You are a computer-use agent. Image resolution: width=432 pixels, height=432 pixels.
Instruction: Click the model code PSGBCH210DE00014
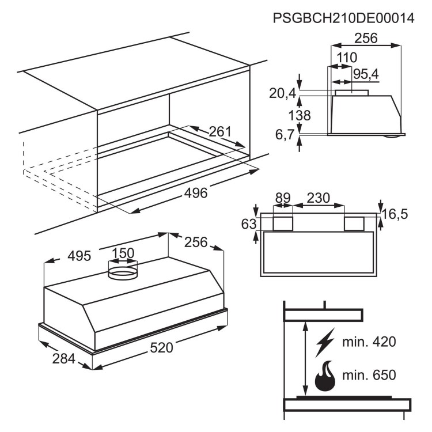(343, 18)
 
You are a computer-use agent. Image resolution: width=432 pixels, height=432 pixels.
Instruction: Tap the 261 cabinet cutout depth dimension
(220, 131)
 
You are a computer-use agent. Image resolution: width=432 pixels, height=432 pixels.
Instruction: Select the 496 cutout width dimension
(196, 193)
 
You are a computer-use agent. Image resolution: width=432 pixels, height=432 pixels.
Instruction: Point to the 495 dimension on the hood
(79, 256)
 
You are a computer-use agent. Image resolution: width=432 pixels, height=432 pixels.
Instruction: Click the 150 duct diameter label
(123, 253)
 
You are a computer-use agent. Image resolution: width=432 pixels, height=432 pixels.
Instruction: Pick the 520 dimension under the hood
(161, 347)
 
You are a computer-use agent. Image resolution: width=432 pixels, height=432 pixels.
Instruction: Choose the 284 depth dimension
(63, 358)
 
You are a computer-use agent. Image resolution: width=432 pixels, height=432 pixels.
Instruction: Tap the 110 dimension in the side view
(347, 58)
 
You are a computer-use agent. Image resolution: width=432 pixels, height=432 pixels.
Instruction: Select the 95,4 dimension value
(366, 74)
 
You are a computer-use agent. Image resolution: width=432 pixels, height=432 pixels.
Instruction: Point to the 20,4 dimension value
(282, 93)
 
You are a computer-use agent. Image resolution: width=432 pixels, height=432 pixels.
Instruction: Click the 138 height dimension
(300, 115)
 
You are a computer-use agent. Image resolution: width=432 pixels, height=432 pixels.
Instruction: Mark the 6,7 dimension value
(285, 135)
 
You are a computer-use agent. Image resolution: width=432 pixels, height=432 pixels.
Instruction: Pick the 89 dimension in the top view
(283, 198)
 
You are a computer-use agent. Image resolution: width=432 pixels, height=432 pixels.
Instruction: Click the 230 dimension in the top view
(318, 198)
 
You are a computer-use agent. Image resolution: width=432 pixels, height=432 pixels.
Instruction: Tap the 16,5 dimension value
(395, 214)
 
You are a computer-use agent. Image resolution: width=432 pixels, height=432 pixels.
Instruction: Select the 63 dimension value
(249, 224)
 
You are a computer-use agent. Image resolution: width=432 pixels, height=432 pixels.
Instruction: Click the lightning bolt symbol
(325, 342)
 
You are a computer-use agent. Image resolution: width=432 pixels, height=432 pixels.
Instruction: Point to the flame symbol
(325, 376)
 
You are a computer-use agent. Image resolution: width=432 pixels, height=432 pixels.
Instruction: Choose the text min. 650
(369, 375)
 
